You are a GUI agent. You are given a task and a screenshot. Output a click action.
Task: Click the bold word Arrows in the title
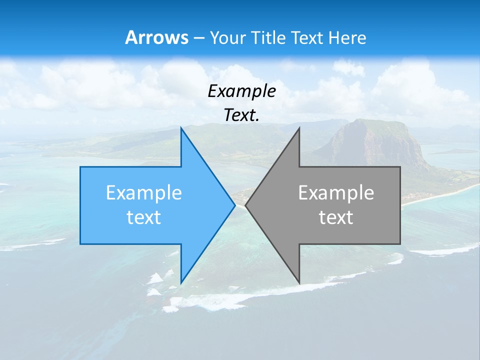tap(157, 37)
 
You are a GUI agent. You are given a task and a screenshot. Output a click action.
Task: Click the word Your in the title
tap(227, 37)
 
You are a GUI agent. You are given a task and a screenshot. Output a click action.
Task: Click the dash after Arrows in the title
tap(199, 38)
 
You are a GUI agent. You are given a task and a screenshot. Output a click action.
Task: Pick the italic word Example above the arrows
tap(241, 91)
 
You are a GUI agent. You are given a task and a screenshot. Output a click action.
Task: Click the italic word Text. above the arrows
tap(241, 115)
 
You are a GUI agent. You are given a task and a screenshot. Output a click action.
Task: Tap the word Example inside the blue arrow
tap(144, 193)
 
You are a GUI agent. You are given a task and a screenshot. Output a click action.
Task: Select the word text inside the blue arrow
tap(144, 217)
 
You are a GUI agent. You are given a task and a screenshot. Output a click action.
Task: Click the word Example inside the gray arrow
tap(336, 193)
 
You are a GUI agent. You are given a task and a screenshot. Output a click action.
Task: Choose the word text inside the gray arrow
tap(336, 217)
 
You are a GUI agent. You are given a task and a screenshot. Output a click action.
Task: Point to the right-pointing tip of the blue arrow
tap(234, 205)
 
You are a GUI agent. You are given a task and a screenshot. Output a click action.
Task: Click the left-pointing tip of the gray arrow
tap(246, 205)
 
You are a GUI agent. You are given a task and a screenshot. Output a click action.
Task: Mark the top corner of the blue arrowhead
tap(181, 128)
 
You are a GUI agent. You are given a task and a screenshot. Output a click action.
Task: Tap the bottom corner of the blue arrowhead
tap(181, 282)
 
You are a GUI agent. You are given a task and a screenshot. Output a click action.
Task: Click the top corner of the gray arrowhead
tap(299, 128)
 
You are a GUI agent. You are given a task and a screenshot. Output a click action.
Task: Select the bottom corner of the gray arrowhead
tap(299, 282)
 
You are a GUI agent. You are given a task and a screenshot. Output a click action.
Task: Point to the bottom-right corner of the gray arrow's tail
tap(400, 243)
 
